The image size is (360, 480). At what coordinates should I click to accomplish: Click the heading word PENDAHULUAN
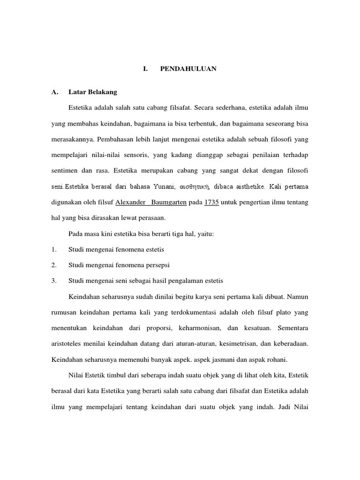(188, 69)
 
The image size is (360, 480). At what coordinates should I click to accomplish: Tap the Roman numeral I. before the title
(145, 69)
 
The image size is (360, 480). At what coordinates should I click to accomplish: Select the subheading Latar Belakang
(93, 92)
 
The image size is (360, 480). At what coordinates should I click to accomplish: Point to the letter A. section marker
(55, 92)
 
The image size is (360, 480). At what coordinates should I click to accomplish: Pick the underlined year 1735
(211, 202)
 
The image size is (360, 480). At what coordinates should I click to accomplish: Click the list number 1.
(54, 249)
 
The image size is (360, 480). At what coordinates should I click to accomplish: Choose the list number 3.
(54, 281)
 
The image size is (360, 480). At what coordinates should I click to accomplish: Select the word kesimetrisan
(237, 344)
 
